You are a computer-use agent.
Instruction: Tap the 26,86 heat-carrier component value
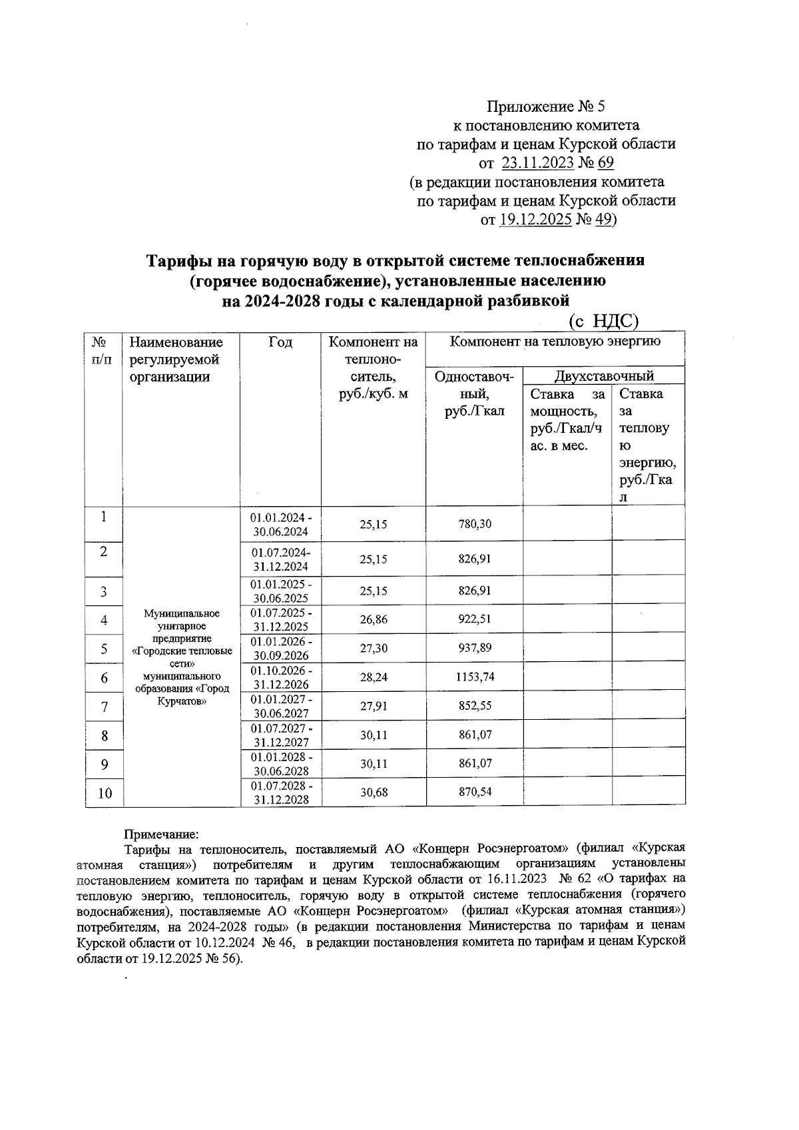[x=374, y=619]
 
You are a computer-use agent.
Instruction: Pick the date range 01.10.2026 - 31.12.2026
[x=280, y=677]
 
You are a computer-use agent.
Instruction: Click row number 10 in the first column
[x=105, y=793]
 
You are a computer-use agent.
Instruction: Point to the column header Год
[x=280, y=342]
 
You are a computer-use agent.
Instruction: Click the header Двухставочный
[x=604, y=376]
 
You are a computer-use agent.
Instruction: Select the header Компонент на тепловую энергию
[x=555, y=342]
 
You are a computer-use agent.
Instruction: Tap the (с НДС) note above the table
[x=604, y=322]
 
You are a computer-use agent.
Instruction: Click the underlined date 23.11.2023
[x=537, y=163]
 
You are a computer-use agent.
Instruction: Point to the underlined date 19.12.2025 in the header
[x=535, y=220]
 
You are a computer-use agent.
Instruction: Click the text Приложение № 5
[x=546, y=107]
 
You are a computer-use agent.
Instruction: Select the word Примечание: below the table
[x=161, y=833]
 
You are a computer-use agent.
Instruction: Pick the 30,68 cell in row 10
[x=374, y=792]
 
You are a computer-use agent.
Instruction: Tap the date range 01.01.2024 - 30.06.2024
[x=280, y=525]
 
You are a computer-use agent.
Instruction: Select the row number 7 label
[x=105, y=706]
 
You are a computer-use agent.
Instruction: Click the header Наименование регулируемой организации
[x=176, y=360]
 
